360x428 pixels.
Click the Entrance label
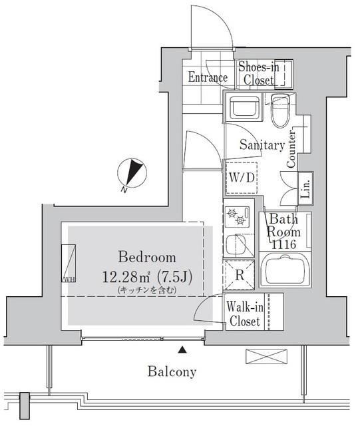pos(208,77)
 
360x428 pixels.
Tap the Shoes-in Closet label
pos(259,74)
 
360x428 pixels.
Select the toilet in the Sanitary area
pos(280,110)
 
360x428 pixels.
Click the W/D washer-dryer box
pos(242,178)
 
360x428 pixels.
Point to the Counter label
pos(291,149)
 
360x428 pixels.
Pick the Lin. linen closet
pos(305,188)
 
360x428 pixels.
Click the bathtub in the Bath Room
pos(285,269)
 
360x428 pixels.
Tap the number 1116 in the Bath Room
pos(283,244)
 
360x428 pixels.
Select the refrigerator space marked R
pos(239,275)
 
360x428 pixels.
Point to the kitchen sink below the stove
pos(236,244)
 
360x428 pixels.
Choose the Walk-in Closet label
pos(245,314)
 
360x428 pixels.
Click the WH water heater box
pos(69,264)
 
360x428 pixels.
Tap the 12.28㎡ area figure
pos(126,277)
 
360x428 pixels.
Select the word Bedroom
pos(147,257)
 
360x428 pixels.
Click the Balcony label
pos(172,372)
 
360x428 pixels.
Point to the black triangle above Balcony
pos(182,350)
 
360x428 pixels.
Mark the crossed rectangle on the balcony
pos(267,357)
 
